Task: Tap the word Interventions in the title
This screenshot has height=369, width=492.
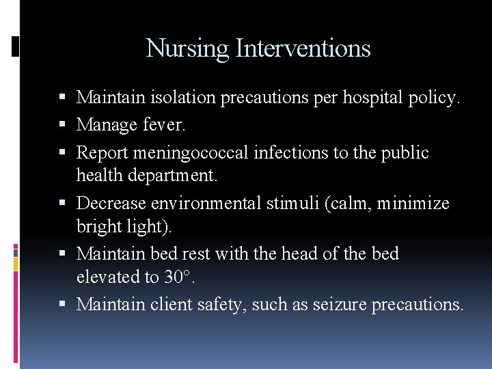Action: tap(303, 49)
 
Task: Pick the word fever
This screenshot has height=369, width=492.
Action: tap(165, 125)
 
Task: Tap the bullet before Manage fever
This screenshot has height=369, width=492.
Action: tap(68, 126)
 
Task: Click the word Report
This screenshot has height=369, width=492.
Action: tap(101, 153)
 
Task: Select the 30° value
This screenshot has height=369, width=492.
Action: tap(178, 277)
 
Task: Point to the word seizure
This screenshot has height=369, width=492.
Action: tap(339, 304)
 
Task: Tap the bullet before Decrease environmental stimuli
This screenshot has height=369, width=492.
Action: tap(68, 203)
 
